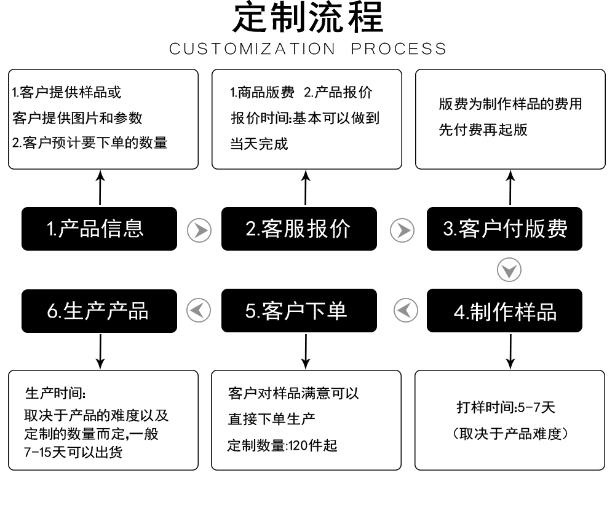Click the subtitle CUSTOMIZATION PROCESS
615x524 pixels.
(307, 49)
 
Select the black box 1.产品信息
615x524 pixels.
(99, 229)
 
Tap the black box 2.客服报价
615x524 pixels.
(299, 229)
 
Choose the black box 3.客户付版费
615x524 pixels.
(504, 229)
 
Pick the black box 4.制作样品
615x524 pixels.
(504, 311)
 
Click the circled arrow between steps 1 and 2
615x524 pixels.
(199, 230)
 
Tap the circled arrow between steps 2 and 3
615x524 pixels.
(402, 230)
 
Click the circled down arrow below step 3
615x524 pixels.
(509, 270)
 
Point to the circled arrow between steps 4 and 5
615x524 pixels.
(405, 310)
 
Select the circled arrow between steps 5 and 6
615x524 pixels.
(199, 310)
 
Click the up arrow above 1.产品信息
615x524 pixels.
(100, 188)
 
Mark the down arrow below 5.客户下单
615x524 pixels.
(306, 352)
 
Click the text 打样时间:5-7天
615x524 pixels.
(506, 407)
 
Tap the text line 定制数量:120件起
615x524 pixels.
(282, 445)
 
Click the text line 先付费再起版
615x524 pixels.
(483, 130)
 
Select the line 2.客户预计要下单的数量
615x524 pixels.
(90, 143)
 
